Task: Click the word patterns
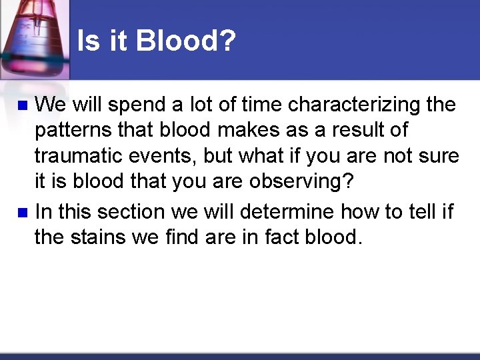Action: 73,131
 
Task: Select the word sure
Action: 440,156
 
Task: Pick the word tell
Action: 416,212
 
